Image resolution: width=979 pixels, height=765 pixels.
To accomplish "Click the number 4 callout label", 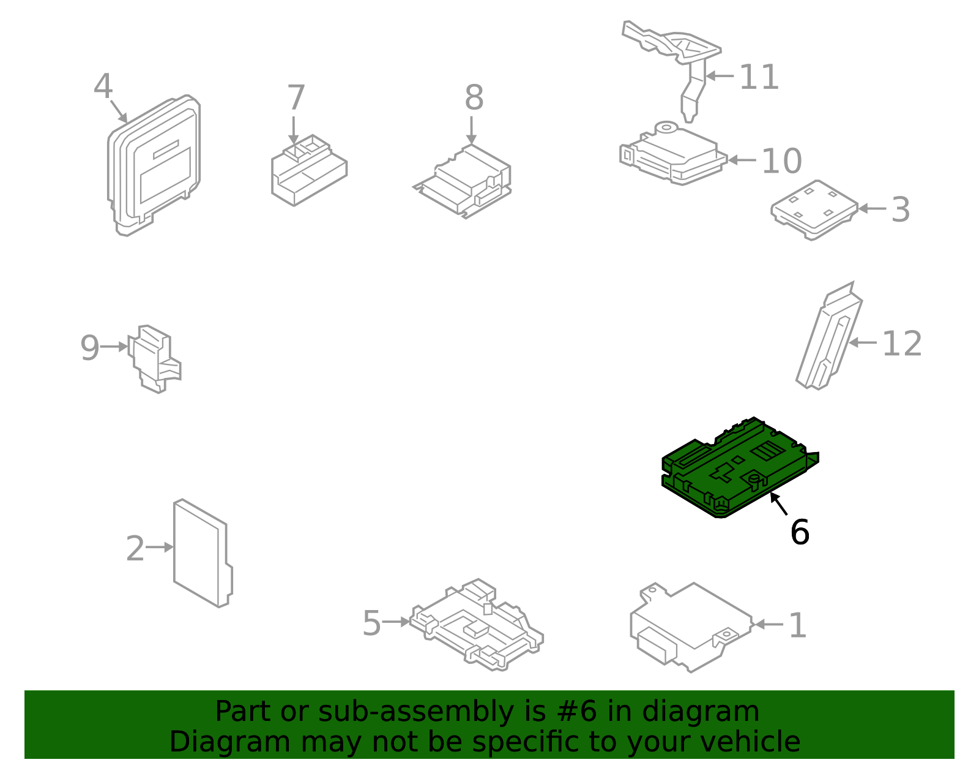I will (x=103, y=86).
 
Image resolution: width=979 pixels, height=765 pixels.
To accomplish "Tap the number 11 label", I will (x=759, y=78).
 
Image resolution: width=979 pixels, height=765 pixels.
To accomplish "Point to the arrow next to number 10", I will (x=742, y=160).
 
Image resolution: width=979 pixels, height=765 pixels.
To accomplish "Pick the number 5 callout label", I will (x=371, y=624).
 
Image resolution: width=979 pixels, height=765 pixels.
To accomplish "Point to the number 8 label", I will (x=474, y=98).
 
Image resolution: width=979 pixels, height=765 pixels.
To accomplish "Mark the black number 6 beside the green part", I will (x=799, y=532).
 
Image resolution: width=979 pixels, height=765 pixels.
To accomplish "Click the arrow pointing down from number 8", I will (x=471, y=130).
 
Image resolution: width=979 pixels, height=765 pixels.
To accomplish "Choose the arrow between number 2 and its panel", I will (x=160, y=547).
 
